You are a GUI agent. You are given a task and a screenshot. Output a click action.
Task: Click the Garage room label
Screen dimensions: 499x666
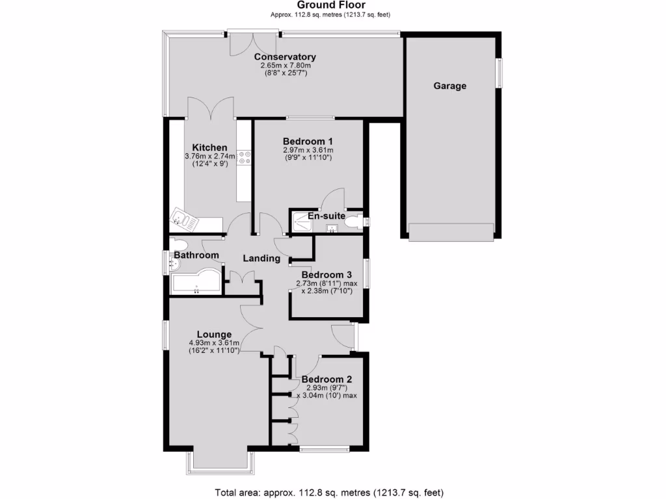(450, 86)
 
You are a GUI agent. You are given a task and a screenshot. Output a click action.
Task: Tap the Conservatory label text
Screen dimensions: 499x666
(285, 57)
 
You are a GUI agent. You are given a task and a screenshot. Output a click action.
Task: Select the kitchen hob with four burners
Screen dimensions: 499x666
(245, 158)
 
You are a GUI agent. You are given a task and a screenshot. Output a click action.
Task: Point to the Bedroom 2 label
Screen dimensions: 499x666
(327, 379)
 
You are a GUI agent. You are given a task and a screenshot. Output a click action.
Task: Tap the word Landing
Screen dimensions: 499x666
(261, 258)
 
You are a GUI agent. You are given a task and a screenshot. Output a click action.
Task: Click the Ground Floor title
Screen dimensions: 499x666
(330, 5)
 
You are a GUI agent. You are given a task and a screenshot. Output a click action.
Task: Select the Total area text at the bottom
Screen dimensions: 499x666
(330, 492)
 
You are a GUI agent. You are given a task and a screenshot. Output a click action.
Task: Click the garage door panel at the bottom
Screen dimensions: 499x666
(451, 232)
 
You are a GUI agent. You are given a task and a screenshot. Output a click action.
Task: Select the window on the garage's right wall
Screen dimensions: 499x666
(499, 73)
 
